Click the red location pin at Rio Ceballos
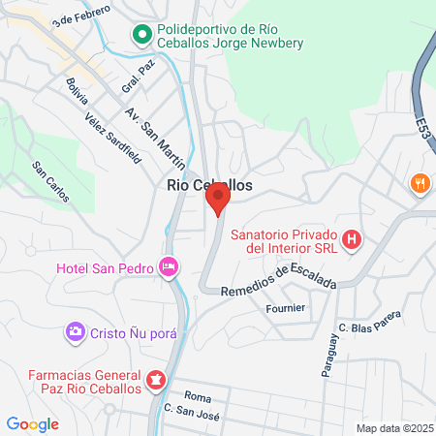(x=217, y=200)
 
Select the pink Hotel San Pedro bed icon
(x=171, y=265)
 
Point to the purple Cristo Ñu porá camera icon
(x=75, y=333)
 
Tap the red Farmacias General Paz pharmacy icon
(x=156, y=380)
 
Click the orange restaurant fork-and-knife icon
(x=420, y=183)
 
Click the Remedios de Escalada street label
(x=278, y=279)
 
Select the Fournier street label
(x=285, y=308)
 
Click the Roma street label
(x=198, y=396)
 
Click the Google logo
(x=33, y=423)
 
